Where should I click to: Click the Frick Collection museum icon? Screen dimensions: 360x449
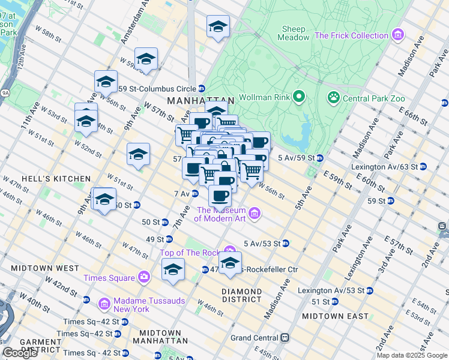(397, 35)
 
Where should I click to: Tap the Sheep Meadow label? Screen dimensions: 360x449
(294, 33)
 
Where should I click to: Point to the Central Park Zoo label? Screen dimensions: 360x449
(373, 98)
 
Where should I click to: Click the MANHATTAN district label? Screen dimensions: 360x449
(200, 101)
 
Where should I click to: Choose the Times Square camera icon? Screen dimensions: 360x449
(144, 277)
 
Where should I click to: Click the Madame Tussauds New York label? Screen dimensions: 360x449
(132, 305)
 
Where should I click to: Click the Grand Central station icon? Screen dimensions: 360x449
(286, 338)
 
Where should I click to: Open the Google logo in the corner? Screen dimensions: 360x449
(20, 353)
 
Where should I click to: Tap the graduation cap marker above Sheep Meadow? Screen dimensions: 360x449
(217, 27)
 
